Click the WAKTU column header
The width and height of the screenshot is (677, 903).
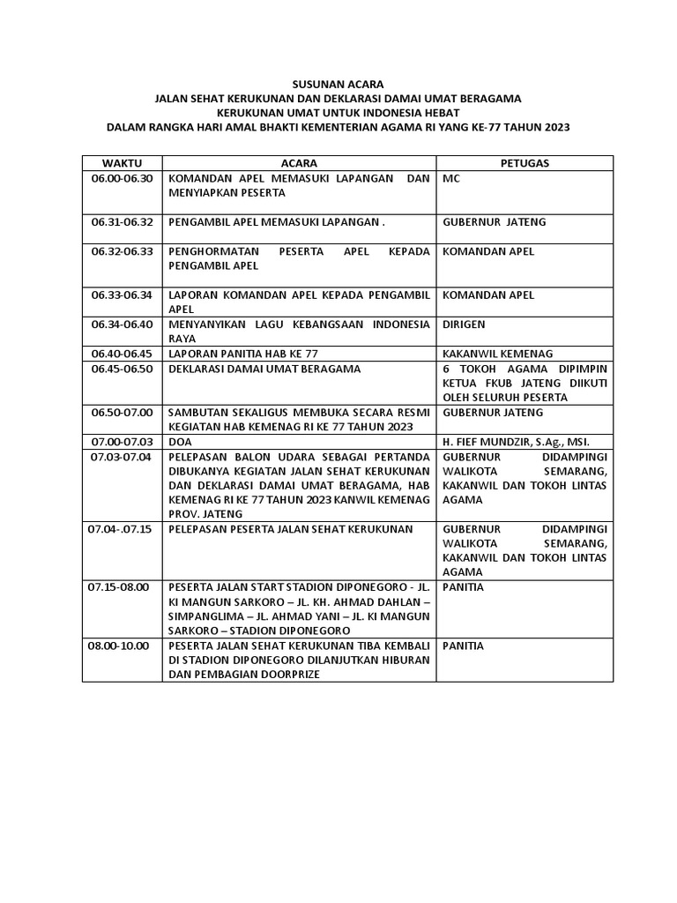tap(122, 163)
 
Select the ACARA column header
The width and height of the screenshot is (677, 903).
tap(299, 163)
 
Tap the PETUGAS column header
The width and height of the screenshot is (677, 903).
tap(524, 163)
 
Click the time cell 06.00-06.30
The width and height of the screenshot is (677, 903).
tap(122, 178)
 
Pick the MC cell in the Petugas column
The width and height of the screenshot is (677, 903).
tap(451, 178)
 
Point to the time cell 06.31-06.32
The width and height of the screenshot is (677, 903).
tap(122, 222)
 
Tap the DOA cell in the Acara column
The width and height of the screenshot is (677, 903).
tap(180, 442)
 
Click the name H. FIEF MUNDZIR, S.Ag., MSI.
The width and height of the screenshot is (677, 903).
tap(515, 442)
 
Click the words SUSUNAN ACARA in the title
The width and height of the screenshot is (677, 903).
tap(338, 85)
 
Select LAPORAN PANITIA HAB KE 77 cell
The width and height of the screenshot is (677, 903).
tap(243, 354)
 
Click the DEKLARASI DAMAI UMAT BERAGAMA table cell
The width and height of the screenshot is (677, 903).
tap(264, 369)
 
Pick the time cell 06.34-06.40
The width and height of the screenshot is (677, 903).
tap(122, 325)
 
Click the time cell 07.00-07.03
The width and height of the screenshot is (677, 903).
tap(122, 442)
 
